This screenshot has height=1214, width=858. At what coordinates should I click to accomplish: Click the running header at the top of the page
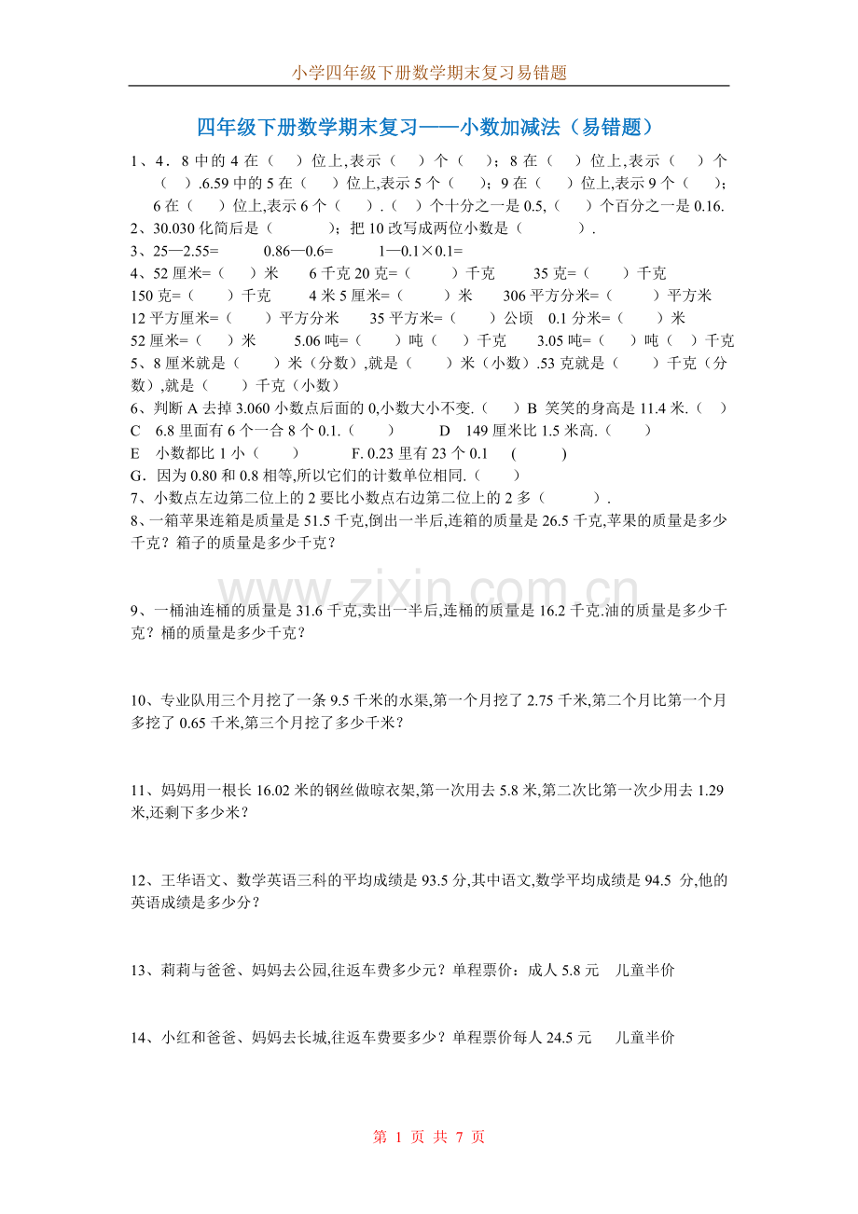[429, 73]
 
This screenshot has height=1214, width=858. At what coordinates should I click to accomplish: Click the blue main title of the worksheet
[428, 127]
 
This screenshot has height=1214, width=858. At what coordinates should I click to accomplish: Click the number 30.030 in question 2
[173, 228]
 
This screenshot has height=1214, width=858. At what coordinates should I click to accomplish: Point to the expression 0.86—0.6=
[298, 251]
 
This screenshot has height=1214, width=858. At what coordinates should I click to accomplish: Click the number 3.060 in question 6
[257, 407]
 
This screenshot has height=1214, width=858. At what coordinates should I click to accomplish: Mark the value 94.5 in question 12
[657, 880]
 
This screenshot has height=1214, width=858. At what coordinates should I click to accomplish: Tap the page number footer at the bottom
[429, 1138]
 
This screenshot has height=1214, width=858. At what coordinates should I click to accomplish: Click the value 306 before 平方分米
[515, 296]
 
